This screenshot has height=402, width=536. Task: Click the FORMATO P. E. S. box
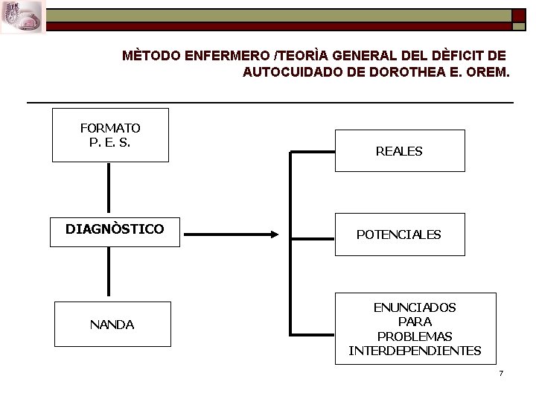pyautogui.click(x=110, y=135)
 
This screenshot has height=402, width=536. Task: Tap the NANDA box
pyautogui.click(x=112, y=325)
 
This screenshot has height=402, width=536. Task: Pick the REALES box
pyautogui.click(x=399, y=151)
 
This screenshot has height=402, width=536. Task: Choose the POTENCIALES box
pyautogui.click(x=399, y=234)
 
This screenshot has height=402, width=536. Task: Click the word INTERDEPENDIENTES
pyautogui.click(x=415, y=351)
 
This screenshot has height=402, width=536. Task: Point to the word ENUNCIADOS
pyautogui.click(x=415, y=307)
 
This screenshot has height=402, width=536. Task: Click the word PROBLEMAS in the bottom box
pyautogui.click(x=415, y=336)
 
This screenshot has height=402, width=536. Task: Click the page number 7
pyautogui.click(x=501, y=372)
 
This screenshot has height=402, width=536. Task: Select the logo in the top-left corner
pyautogui.click(x=22, y=16)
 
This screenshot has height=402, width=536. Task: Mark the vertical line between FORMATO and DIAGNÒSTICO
pyautogui.click(x=109, y=188)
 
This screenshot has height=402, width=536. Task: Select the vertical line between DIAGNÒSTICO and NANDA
pyautogui.click(x=109, y=272)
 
